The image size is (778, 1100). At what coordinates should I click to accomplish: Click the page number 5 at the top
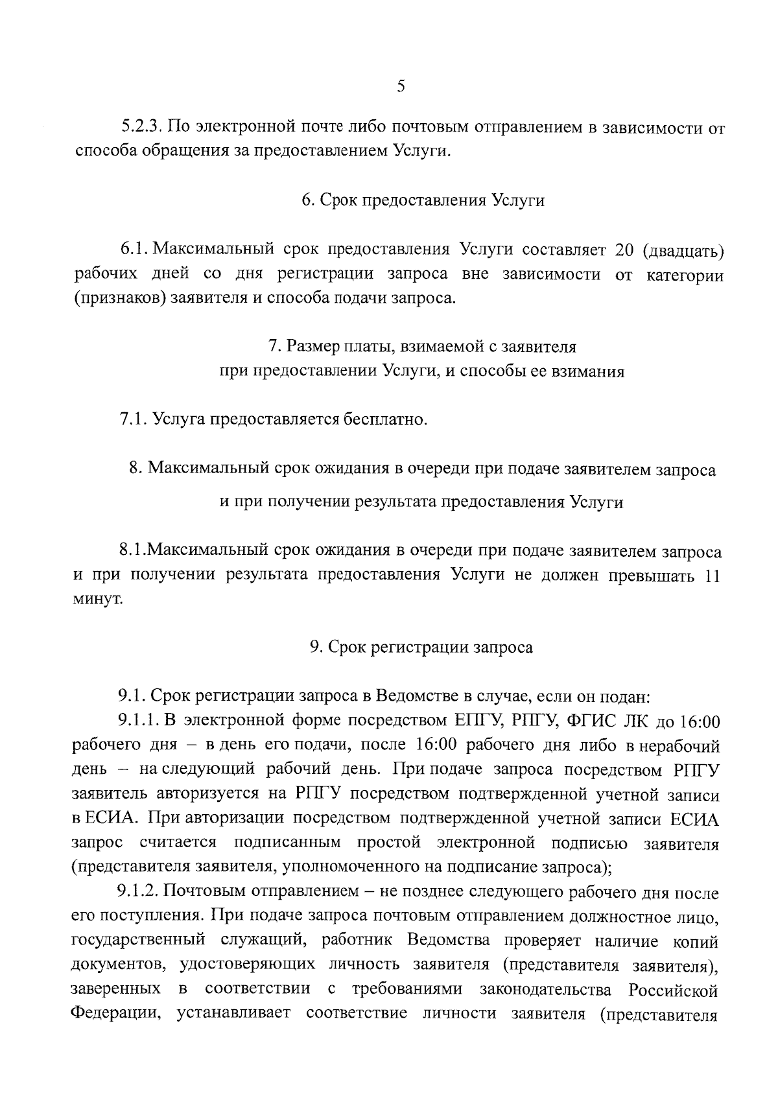coord(400,87)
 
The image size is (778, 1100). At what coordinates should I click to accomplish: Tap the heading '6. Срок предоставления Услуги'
coord(423,200)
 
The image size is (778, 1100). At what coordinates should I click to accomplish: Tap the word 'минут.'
coord(97,601)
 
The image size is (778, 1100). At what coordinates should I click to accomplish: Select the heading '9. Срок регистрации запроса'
coord(421,648)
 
